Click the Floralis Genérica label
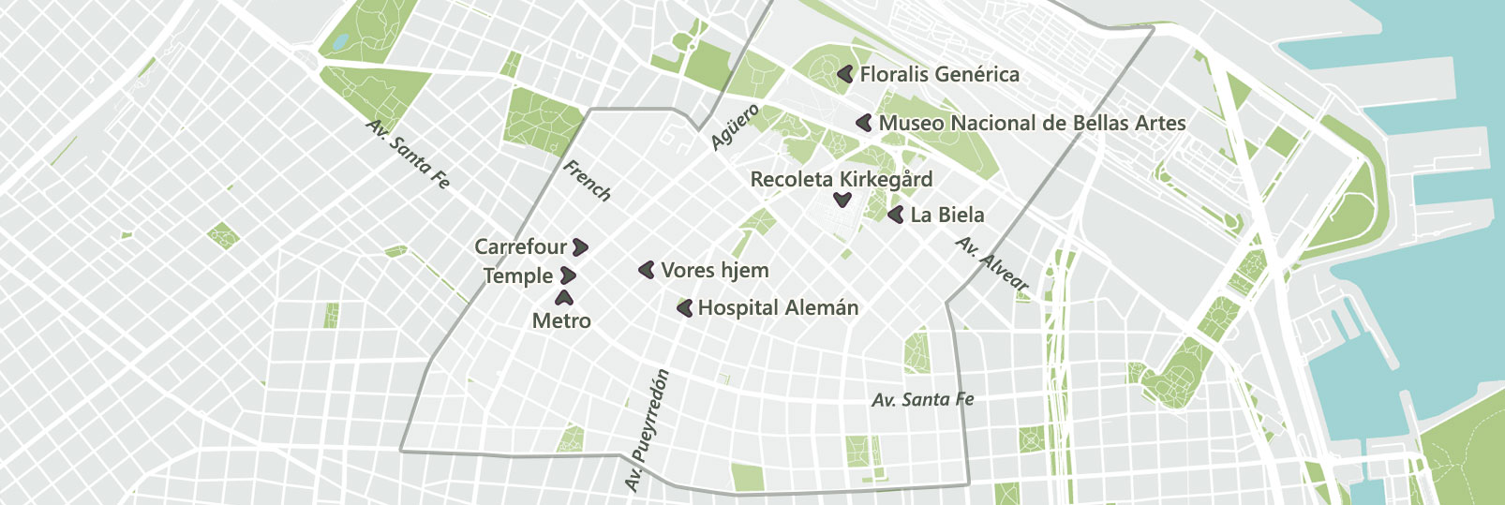point(939,74)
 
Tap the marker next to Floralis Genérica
point(845,73)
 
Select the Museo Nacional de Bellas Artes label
point(1032,123)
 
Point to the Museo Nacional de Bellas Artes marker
point(864,123)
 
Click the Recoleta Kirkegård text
point(841,179)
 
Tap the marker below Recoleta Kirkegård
point(842,200)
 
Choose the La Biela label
point(946,215)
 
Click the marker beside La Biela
point(896,215)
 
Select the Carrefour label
point(520,246)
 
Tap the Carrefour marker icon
point(580,247)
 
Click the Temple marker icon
point(567,275)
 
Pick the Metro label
point(561,320)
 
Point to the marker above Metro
point(564,299)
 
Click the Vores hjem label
point(714,270)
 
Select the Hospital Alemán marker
point(685,307)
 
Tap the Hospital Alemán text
point(778,307)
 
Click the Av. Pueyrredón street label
point(648,430)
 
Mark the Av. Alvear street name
point(992,263)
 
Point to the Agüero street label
point(735,127)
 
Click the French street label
point(587,180)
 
